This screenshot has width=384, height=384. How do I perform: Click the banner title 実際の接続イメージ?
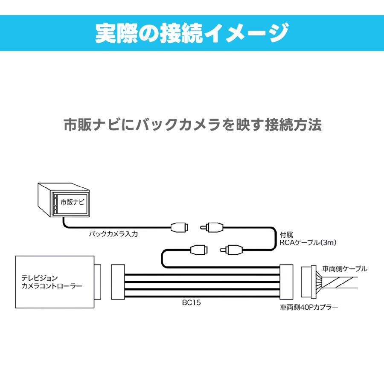pyautogui.click(x=192, y=33)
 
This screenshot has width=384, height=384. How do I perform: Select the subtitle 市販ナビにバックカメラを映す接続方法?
pyautogui.click(x=192, y=125)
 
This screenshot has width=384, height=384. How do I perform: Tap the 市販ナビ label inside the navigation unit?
pyautogui.click(x=73, y=201)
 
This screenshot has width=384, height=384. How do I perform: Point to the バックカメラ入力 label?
pyautogui.click(x=113, y=234)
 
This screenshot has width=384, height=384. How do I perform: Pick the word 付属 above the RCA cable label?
pyautogui.click(x=285, y=235)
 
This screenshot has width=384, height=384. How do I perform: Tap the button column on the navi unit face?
pyautogui.click(x=55, y=204)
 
